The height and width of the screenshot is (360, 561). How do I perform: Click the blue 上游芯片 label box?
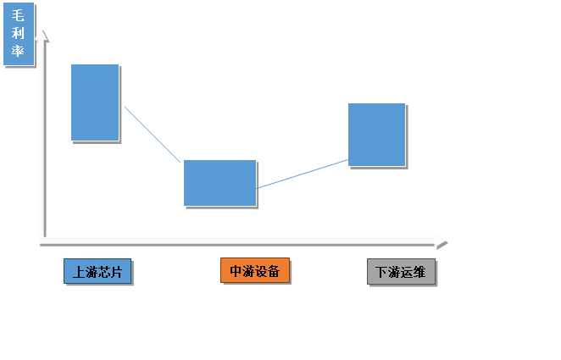click(97, 271)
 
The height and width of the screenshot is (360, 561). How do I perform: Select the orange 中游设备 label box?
click(255, 270)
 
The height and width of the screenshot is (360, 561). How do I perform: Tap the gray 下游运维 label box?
click(402, 272)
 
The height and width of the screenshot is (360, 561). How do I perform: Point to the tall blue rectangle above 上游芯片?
click(95, 102)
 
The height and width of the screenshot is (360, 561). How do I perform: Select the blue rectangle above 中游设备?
click(219, 182)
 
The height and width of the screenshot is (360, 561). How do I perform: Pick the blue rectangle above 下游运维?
click(376, 134)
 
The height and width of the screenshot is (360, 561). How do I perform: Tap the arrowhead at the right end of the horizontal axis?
click(440, 241)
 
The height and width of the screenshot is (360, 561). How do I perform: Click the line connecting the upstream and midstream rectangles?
click(151, 132)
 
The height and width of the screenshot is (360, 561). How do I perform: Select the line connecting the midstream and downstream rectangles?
click(302, 174)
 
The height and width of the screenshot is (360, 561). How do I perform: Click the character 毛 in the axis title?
click(19, 15)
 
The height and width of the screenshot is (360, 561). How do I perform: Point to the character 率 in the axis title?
click(19, 53)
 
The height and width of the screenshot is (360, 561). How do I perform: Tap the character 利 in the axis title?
click(19, 34)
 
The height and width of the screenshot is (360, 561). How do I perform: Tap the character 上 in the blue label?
click(79, 272)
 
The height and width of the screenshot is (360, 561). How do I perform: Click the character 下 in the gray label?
click(382, 273)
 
